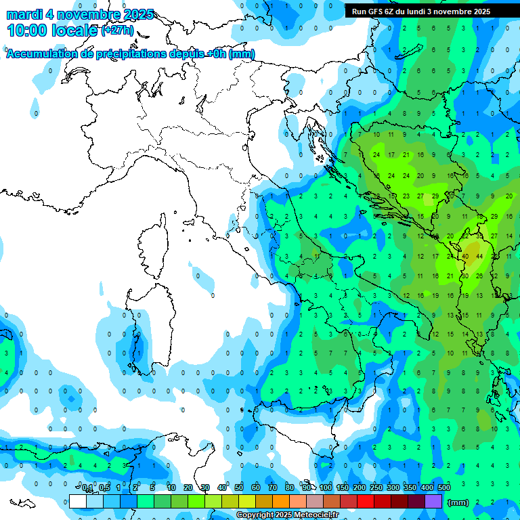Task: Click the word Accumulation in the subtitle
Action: pos(41,53)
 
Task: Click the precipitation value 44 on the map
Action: pos(479,257)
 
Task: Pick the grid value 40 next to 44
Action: pos(465,257)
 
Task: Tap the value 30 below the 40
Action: pos(465,276)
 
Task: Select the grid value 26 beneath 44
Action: pos(479,276)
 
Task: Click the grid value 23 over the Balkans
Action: pos(406,196)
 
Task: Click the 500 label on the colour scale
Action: pos(443,488)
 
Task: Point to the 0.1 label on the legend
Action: pos(87,488)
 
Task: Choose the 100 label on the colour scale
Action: pos(325,488)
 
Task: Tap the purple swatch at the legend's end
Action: pos(433,502)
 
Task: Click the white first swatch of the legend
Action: pos(78,502)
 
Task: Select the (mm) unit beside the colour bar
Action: pos(458,502)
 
